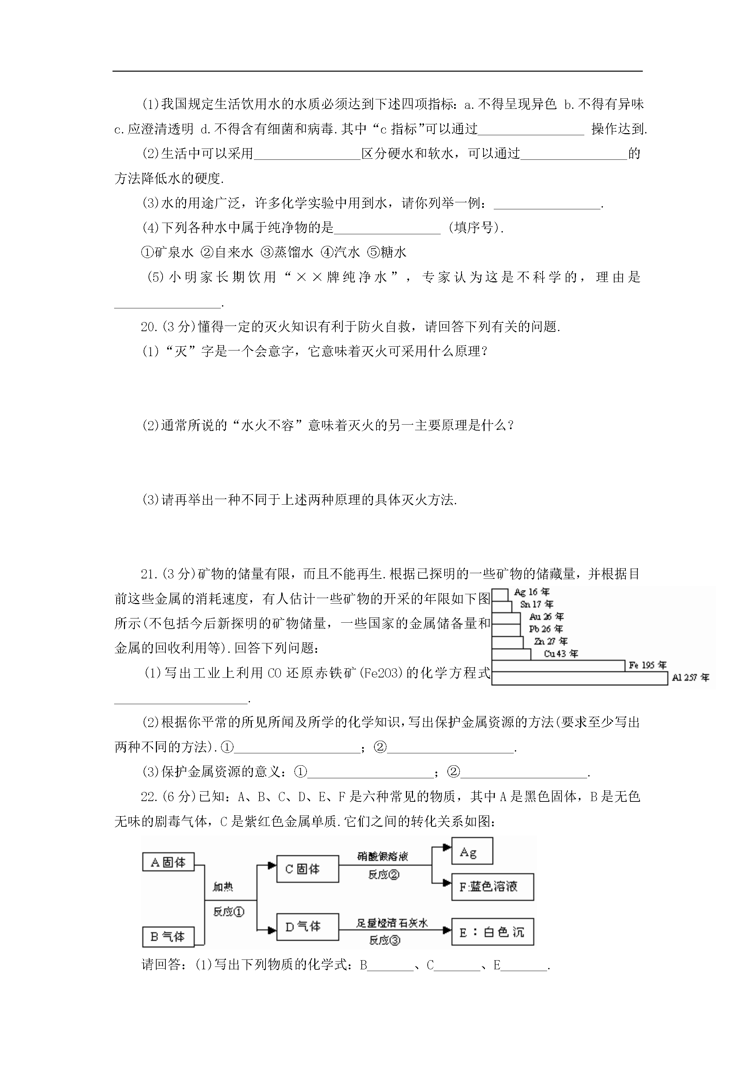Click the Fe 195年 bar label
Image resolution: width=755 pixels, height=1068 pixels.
[x=648, y=665]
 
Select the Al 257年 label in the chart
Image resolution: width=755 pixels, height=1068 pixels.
[x=690, y=678]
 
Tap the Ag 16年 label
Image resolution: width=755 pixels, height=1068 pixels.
[x=532, y=592]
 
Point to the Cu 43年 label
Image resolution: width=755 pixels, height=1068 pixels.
[x=560, y=654]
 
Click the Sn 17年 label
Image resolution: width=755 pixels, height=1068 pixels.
[x=536, y=604]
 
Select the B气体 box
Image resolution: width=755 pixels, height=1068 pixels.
[x=168, y=936]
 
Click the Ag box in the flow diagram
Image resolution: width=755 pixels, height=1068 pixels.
[x=472, y=851]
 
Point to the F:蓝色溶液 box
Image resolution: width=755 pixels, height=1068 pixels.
[x=493, y=886]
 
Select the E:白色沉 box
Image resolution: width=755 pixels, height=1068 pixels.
[x=493, y=932]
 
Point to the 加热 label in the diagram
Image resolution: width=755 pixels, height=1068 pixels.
[x=223, y=886]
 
